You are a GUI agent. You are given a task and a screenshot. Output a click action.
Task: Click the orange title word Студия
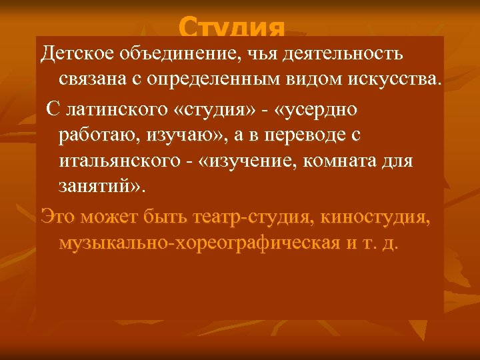[x=232, y=29]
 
